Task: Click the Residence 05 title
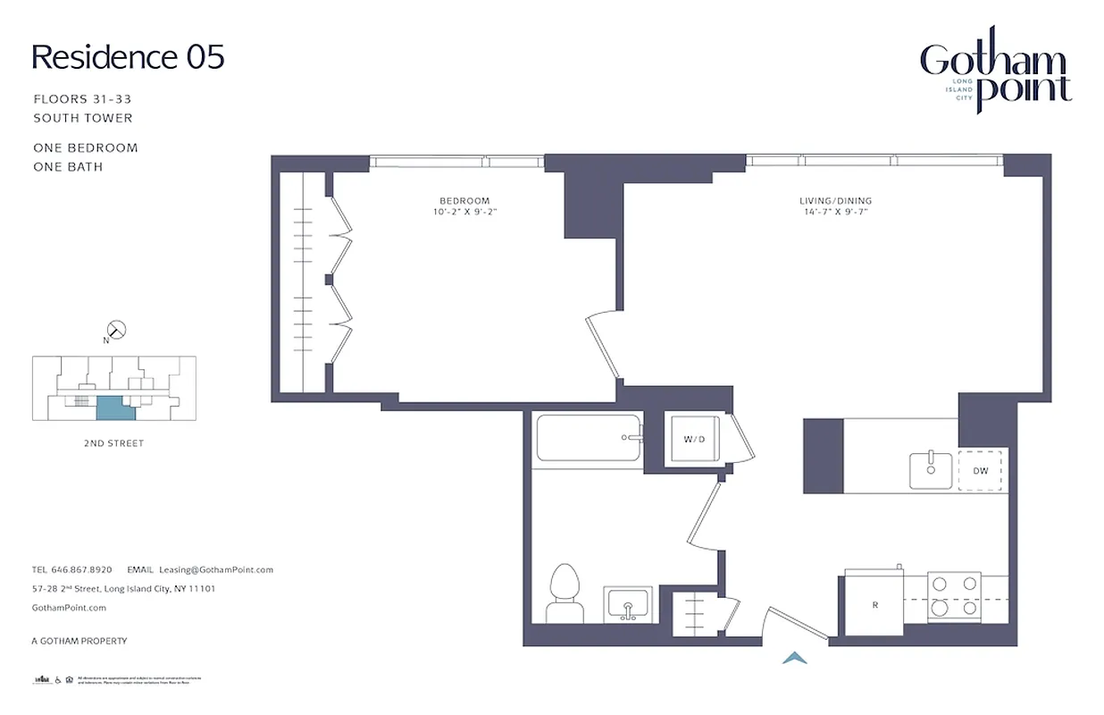pos(128,57)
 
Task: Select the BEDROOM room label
pos(464,201)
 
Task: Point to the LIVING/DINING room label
pos(835,201)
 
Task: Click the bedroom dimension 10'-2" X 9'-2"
pos(464,213)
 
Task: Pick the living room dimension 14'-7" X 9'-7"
pos(835,213)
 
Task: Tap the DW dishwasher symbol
pos(981,470)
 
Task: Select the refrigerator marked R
pos(874,604)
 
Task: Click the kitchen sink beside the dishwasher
pos(930,470)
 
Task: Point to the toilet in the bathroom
pos(563,593)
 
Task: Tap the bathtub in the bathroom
pos(589,438)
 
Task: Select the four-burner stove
pos(953,596)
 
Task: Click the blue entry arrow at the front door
pos(795,659)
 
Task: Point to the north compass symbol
pos(116,330)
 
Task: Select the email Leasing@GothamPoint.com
pos(215,569)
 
